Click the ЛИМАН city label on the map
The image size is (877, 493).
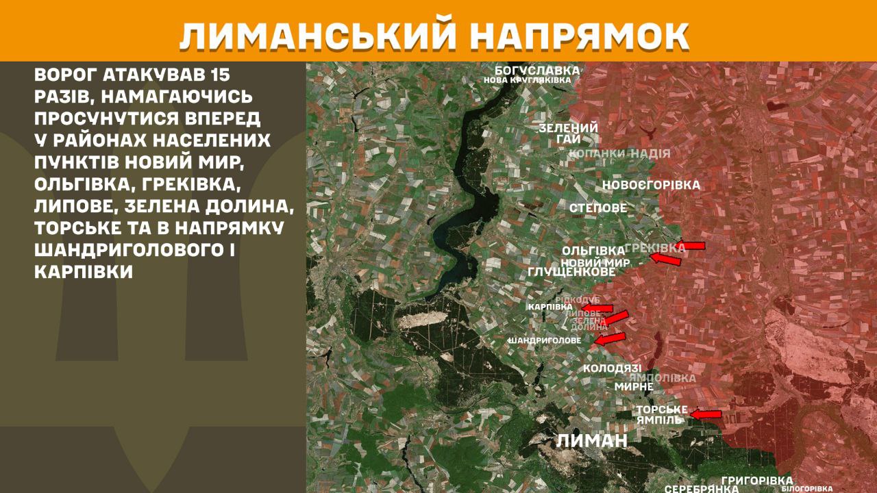[592, 440]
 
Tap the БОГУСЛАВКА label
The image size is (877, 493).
[538, 70]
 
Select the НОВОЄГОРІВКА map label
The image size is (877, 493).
[651, 185]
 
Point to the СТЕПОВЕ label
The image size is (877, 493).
[598, 207]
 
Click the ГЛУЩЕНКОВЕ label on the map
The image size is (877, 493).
[572, 273]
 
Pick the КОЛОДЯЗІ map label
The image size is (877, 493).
[612, 368]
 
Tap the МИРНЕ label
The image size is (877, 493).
[634, 386]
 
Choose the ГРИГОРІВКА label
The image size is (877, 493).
[757, 481]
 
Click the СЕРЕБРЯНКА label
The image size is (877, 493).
[701, 489]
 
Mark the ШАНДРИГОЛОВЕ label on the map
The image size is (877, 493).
[545, 340]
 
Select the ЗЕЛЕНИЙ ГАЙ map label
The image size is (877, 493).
[568, 134]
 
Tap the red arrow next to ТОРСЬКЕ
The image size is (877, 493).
[706, 414]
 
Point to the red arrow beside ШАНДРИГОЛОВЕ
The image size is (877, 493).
[610, 338]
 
